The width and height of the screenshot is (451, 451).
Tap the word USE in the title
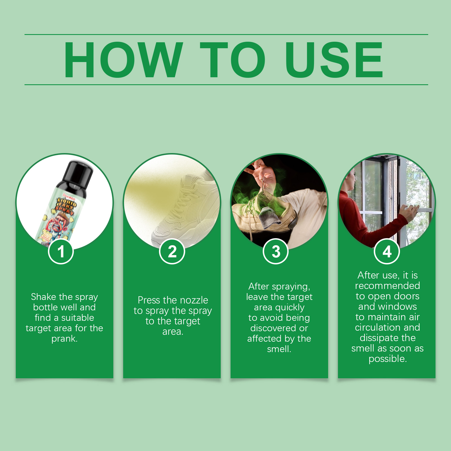tap(334, 60)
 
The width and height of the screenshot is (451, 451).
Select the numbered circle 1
tap(61, 251)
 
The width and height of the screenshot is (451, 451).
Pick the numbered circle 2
tap(172, 251)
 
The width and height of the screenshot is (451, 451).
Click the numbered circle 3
tap(276, 251)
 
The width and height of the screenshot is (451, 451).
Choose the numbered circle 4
tap(387, 251)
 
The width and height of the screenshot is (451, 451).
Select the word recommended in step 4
tap(388, 286)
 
